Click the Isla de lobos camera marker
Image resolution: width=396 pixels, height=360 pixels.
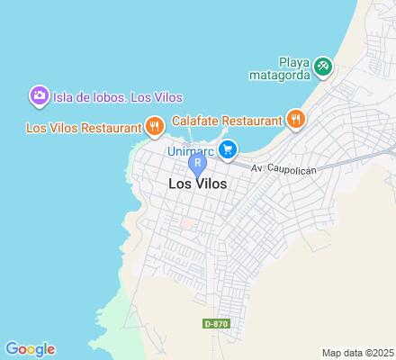(39, 95)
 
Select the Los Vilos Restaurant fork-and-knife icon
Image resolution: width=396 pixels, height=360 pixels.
(155, 126)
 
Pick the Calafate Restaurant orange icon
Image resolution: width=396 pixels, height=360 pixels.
(294, 117)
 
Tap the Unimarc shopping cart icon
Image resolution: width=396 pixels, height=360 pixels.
(229, 149)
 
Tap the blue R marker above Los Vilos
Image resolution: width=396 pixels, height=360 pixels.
(197, 164)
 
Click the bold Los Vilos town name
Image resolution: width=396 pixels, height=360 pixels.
(197, 183)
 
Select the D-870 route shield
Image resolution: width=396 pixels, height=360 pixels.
(214, 324)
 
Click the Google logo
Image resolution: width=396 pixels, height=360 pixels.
(30, 349)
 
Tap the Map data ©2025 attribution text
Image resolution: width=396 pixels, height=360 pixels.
(357, 352)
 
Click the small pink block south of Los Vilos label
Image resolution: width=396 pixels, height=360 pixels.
(187, 221)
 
